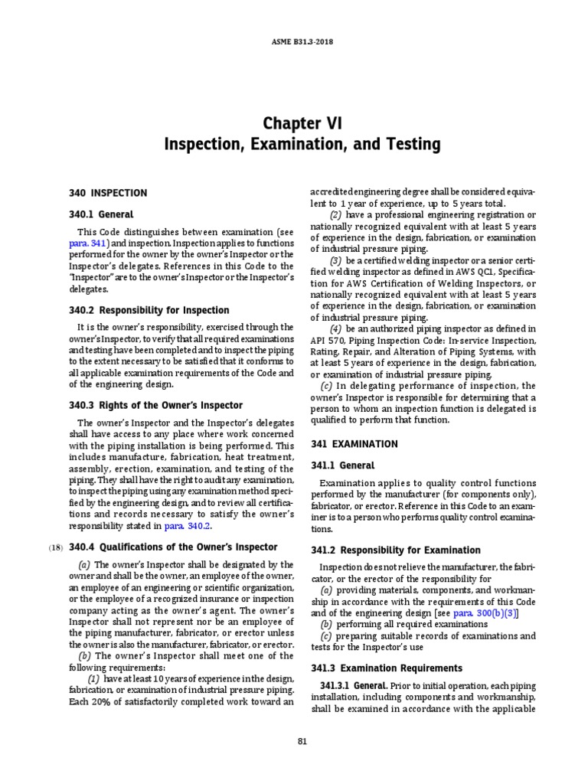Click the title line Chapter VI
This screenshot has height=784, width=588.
tap(293, 123)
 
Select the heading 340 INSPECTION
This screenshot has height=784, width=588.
tap(108, 192)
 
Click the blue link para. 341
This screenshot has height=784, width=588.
tap(93, 243)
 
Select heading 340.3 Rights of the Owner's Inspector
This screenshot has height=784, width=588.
tap(159, 405)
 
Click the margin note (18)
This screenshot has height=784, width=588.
tap(57, 547)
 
